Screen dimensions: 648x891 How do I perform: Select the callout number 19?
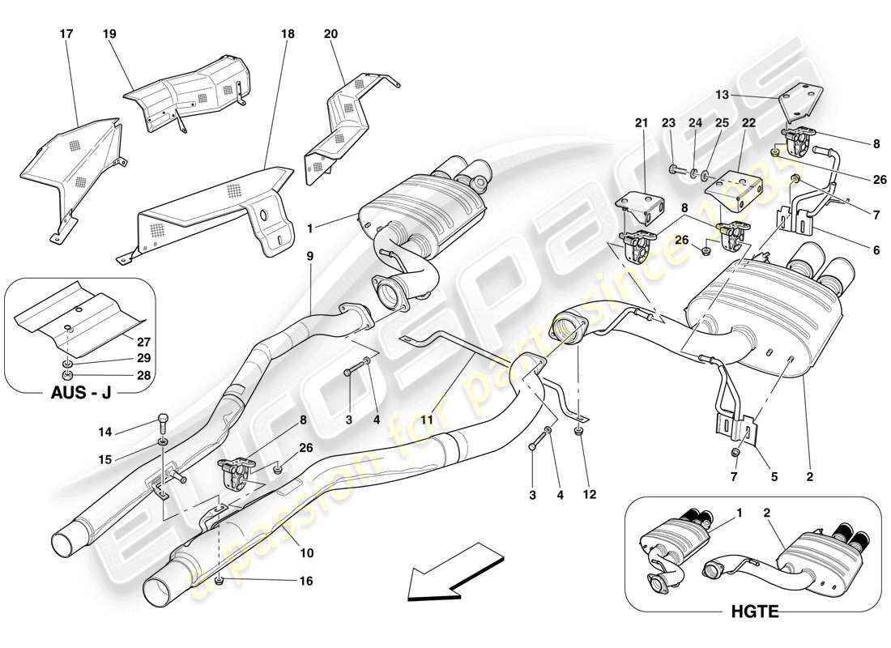109,35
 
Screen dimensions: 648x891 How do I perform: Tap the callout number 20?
330,35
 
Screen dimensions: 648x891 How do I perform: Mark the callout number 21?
642,123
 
